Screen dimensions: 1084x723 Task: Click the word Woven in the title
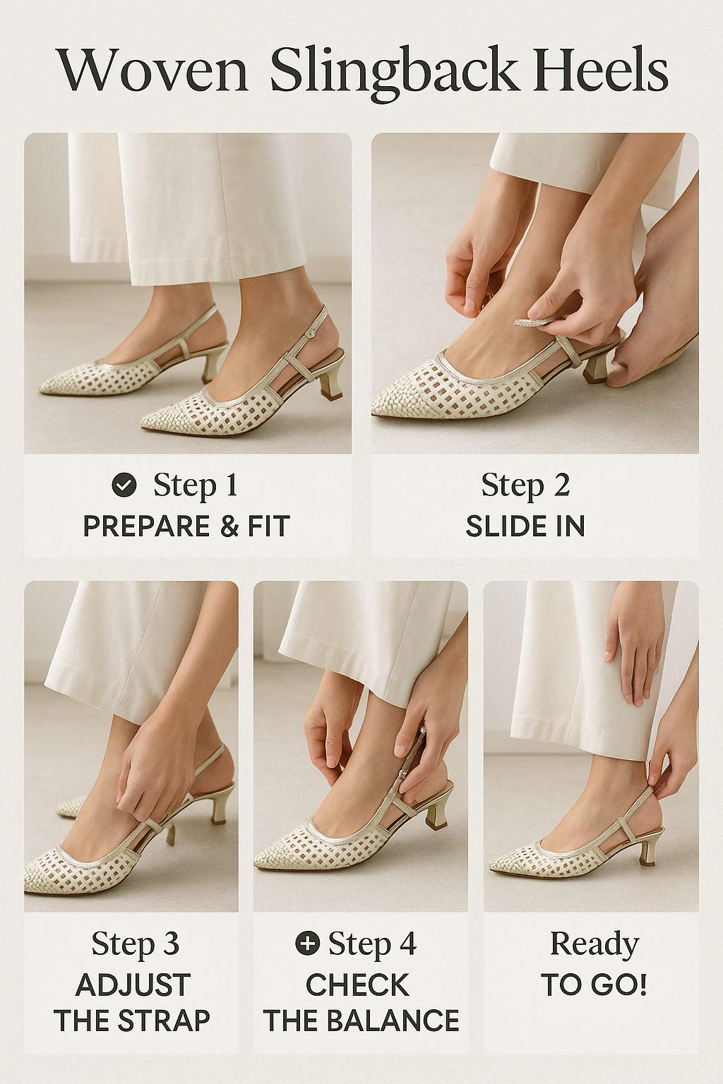[x=152, y=71]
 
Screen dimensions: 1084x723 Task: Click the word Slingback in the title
[x=394, y=71]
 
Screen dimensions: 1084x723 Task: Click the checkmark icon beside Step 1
[x=124, y=485]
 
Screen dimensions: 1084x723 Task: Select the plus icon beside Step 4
[x=307, y=943]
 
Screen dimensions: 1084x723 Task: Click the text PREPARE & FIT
[x=186, y=526]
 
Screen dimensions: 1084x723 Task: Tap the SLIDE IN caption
[x=525, y=526]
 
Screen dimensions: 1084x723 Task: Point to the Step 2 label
[x=525, y=486]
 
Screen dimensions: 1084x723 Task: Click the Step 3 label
[x=135, y=944]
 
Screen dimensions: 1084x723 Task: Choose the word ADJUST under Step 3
[x=133, y=985]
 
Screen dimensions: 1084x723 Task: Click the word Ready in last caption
[x=594, y=944]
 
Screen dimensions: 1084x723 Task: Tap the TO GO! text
[x=594, y=985]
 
